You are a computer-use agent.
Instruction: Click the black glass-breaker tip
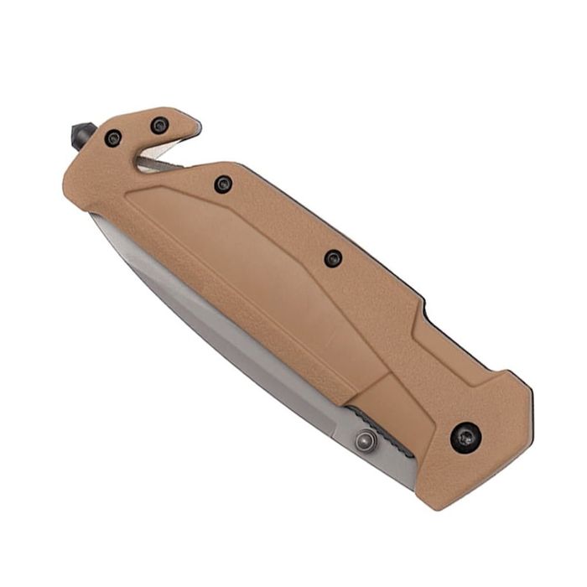tap(80, 134)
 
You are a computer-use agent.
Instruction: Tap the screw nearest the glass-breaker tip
tap(113, 138)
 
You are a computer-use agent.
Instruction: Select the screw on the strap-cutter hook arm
tap(158, 126)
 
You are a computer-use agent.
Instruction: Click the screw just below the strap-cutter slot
tap(222, 184)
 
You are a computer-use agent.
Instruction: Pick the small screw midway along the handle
tap(333, 258)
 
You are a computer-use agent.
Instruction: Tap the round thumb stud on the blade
tap(365, 440)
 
